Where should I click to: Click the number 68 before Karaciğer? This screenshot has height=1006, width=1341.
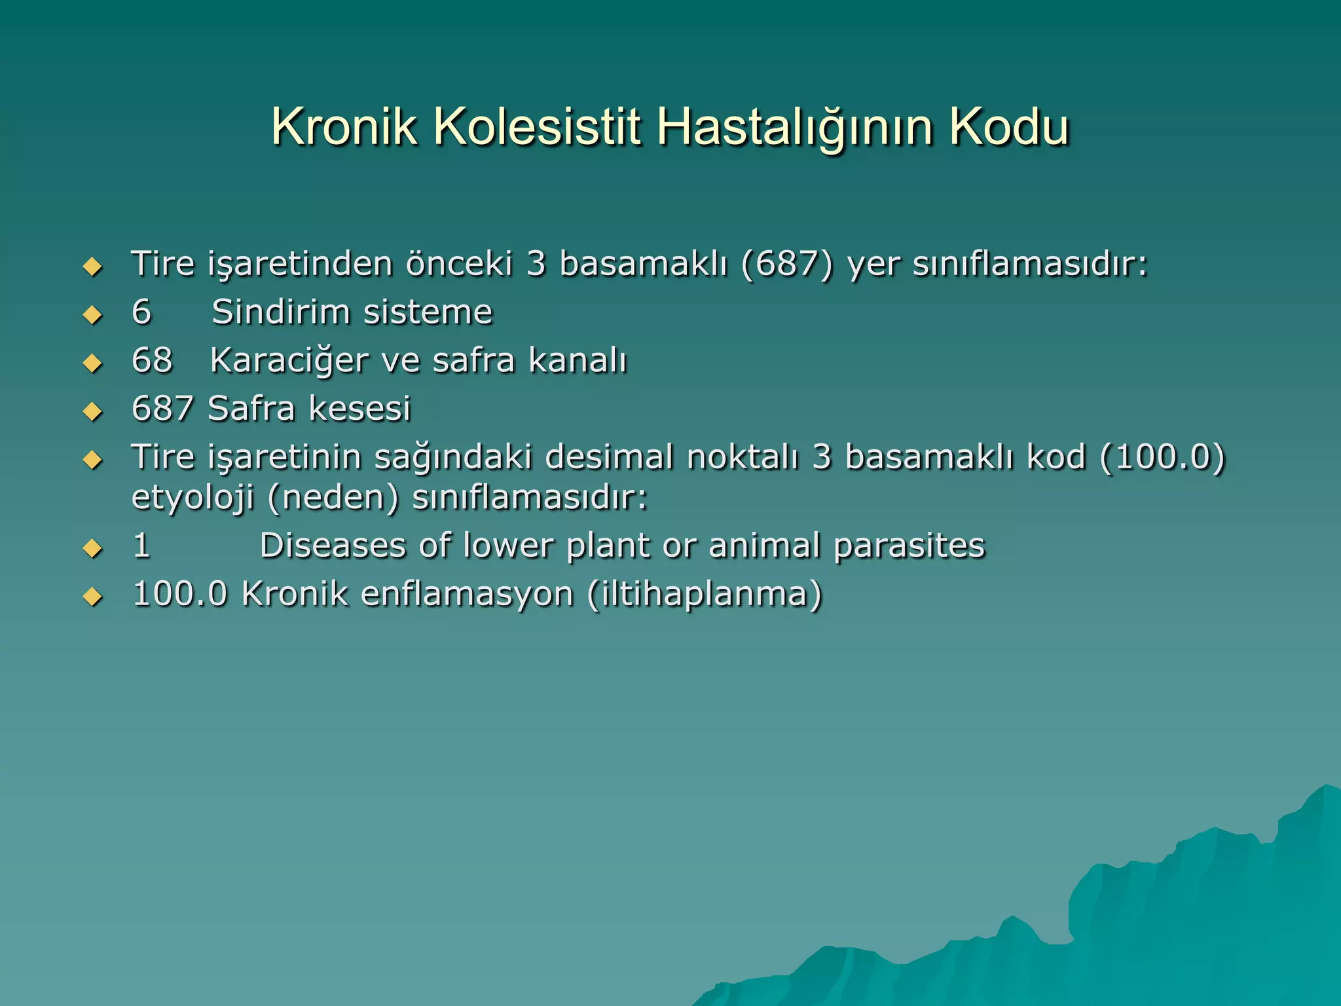[x=152, y=360]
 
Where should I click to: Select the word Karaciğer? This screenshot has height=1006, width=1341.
[x=289, y=362]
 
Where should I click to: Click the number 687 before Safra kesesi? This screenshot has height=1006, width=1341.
[x=162, y=409]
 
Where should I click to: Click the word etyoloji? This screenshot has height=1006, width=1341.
[x=193, y=498]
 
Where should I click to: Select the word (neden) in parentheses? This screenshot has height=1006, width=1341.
[x=333, y=498]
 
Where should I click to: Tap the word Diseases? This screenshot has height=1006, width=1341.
[x=333, y=546]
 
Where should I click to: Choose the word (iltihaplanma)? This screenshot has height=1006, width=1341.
[x=705, y=594]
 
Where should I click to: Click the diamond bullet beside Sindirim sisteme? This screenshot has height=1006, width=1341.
[x=93, y=315]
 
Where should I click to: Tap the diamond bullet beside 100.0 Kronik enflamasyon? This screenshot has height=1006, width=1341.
[x=93, y=597]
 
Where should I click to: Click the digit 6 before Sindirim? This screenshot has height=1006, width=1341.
[x=141, y=312]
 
